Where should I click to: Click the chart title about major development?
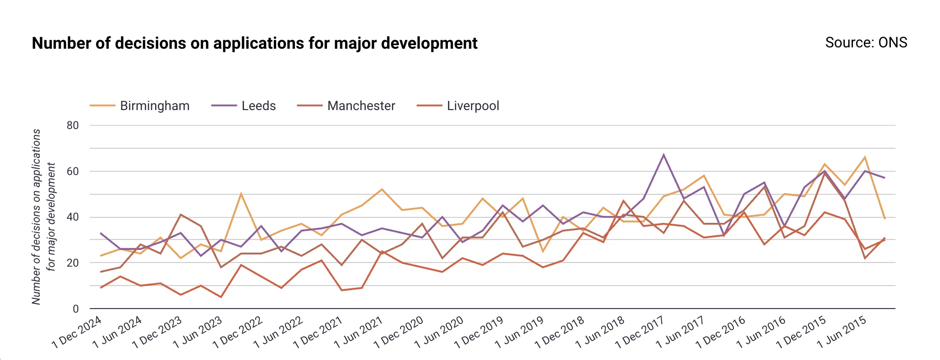point(254,43)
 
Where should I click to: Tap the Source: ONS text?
point(866,42)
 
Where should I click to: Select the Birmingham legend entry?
point(154,106)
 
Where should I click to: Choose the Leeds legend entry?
point(258,106)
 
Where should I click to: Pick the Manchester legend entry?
point(361,106)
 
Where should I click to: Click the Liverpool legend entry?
point(473,106)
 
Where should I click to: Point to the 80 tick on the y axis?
point(73,125)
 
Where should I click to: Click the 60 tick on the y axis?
point(73,171)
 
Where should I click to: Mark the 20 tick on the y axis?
point(73,263)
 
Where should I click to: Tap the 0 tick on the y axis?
point(76,309)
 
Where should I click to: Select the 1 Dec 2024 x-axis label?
point(77,332)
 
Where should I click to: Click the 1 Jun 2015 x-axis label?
point(842,332)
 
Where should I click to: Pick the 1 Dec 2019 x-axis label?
point(479,332)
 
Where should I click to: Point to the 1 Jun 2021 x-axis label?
point(359,332)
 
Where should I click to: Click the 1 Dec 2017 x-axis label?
point(640,332)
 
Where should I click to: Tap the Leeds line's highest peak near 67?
point(664,154)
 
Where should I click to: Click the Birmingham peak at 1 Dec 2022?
point(241,194)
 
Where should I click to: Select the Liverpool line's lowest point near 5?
point(221,297)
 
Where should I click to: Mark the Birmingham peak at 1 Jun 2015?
point(865,157)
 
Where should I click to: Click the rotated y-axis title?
point(43,217)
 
